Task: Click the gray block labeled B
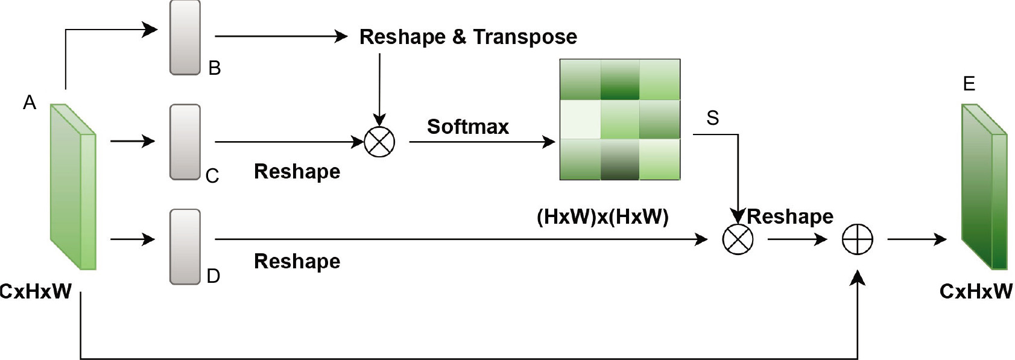(x=185, y=37)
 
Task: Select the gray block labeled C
(x=185, y=142)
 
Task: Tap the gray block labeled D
(x=185, y=247)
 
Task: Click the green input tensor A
(x=73, y=187)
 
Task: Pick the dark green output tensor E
(x=984, y=187)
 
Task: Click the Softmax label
(x=467, y=127)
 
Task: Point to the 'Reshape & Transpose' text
(x=468, y=37)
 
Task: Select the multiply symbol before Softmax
(x=379, y=142)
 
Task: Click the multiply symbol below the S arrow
(x=738, y=239)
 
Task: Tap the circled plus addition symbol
(x=857, y=239)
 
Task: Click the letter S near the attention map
(x=712, y=118)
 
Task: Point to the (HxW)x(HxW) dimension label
(x=602, y=216)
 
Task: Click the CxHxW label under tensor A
(x=36, y=292)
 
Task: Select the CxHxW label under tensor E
(x=976, y=292)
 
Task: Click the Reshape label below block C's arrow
(x=297, y=171)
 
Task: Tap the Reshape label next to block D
(x=297, y=261)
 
